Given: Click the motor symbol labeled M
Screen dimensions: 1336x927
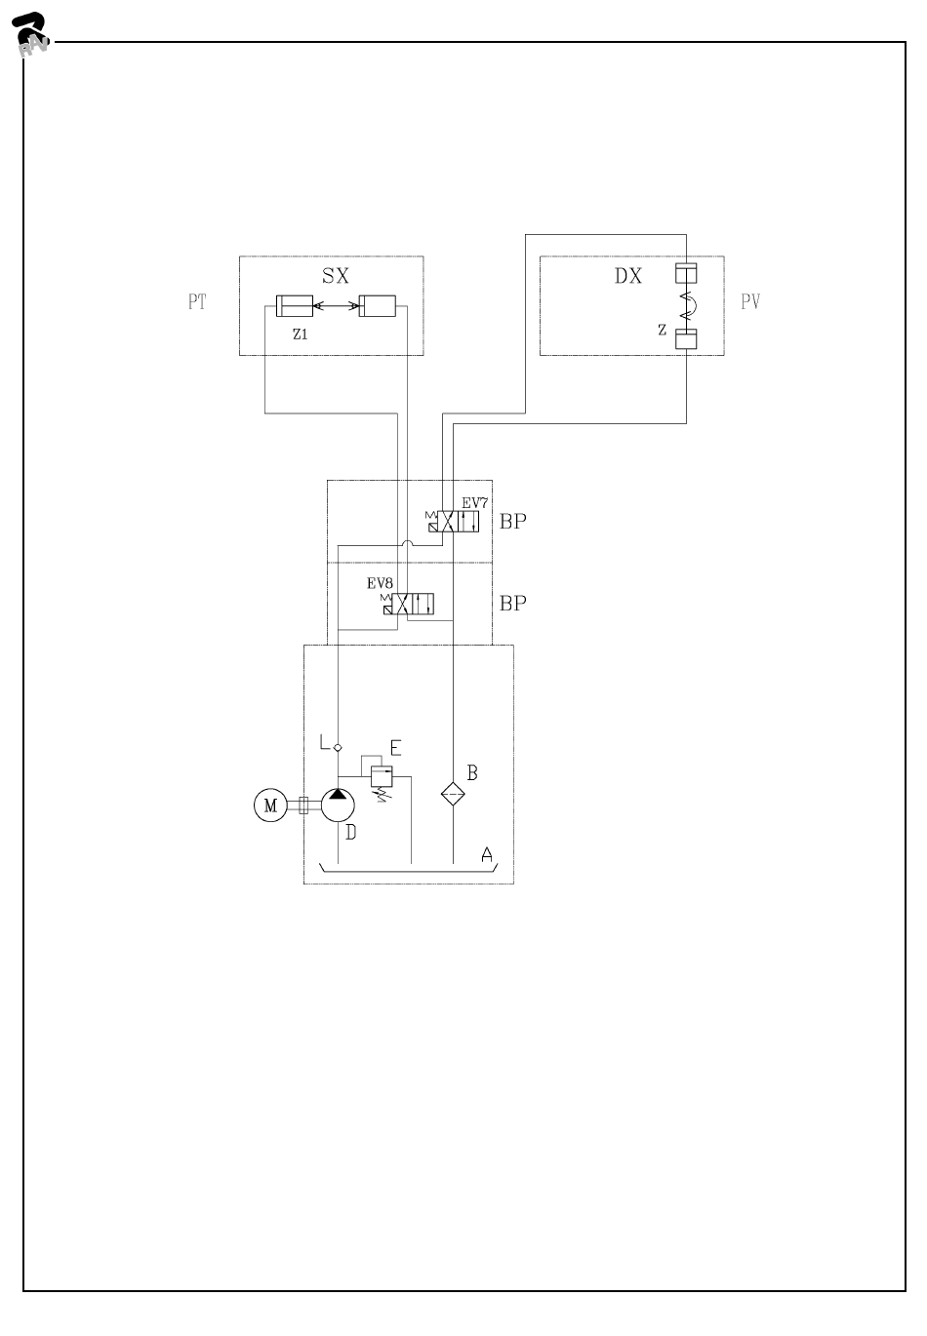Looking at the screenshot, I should point(270,806).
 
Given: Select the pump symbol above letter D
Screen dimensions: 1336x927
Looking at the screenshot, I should point(338,805).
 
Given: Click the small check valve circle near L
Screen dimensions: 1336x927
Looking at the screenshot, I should point(338,747).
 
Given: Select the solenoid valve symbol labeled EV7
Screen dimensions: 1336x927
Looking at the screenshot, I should point(454,522).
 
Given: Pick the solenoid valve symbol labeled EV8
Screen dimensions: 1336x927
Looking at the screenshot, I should point(409,604).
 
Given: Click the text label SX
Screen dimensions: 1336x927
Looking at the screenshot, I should point(335,275).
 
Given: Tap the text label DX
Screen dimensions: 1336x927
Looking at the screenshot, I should point(628,275).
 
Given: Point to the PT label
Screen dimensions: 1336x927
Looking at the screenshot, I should point(197,301).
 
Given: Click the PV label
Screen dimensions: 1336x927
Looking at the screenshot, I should point(749,301).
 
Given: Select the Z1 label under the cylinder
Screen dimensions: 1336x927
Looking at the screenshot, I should point(301,333).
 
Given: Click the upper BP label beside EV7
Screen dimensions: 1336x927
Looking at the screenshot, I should point(513,521).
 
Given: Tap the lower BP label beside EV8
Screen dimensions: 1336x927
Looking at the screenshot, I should point(513,603).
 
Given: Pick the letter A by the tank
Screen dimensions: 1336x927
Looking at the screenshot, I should point(487,854).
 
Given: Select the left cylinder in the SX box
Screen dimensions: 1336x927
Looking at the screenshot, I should point(293,305).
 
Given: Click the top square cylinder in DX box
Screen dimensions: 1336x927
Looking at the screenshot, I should point(686,273).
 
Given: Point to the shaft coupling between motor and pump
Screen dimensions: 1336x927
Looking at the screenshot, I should point(302,806).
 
